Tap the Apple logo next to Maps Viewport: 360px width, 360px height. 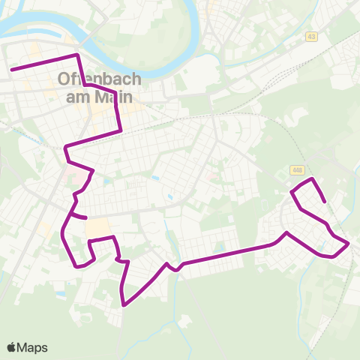11,347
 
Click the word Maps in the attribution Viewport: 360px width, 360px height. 32,347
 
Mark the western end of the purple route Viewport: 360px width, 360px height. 11,70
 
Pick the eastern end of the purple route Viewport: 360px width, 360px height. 324,201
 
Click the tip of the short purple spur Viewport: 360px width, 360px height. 86,218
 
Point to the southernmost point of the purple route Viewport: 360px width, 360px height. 124,305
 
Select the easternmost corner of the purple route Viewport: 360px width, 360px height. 349,244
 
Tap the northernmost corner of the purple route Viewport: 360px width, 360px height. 76,55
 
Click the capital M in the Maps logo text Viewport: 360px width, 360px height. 24,347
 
